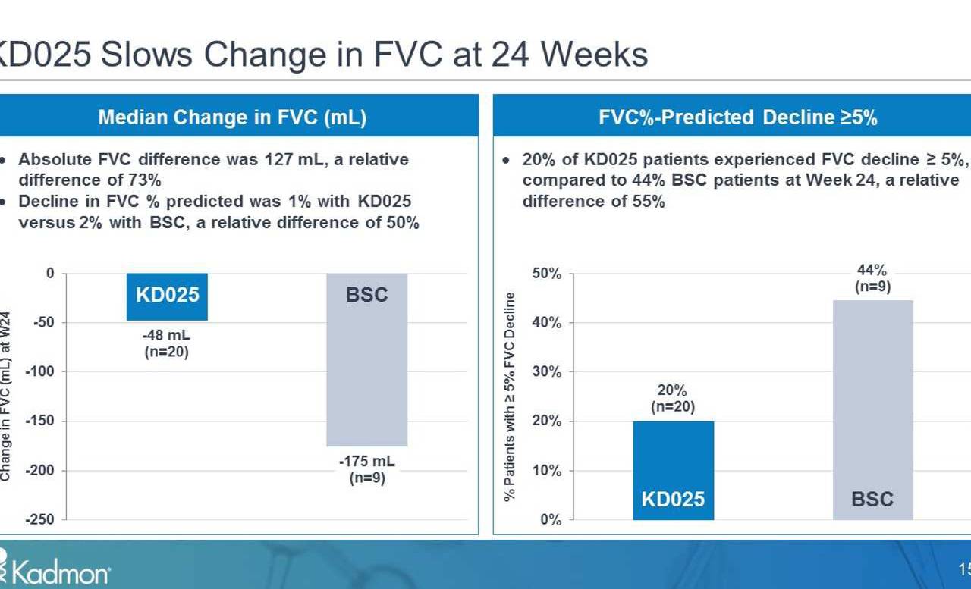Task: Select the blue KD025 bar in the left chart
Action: (167, 296)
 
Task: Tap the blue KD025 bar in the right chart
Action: (674, 470)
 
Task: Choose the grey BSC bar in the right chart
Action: (872, 409)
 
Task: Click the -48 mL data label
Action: (166, 335)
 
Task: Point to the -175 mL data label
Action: (367, 462)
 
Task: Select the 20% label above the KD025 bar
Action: (672, 390)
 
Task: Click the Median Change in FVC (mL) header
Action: (232, 117)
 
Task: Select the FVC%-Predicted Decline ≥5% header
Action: (737, 117)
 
